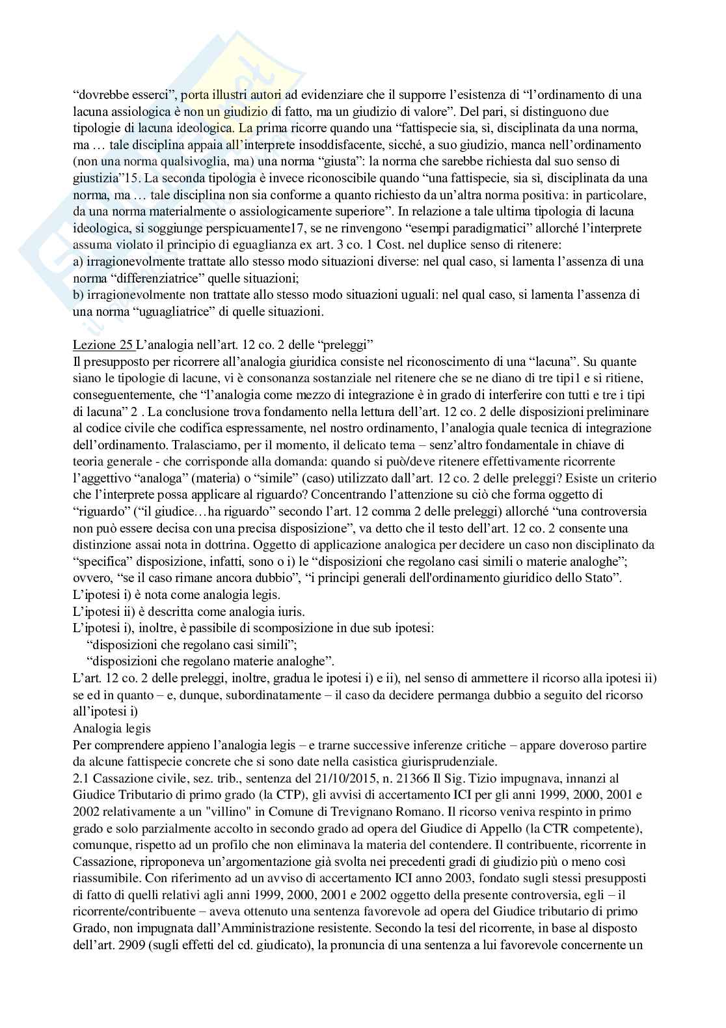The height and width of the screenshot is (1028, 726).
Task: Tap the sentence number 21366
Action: (x=388, y=778)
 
